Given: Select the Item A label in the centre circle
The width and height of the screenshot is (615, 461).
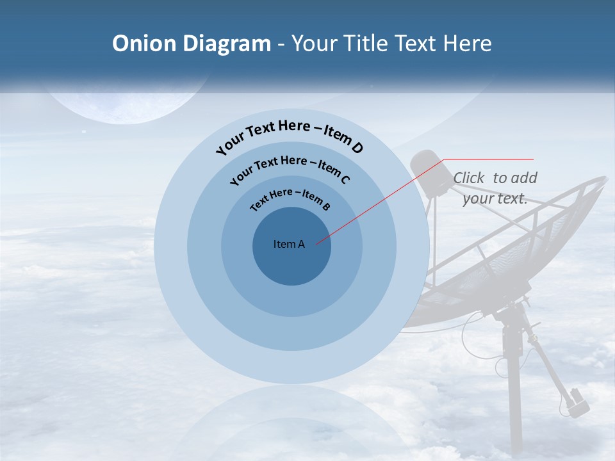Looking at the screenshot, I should click(x=289, y=244).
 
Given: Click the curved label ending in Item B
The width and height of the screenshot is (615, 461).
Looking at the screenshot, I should click(x=290, y=198).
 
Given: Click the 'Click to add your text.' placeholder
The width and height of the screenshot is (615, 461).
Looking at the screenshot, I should click(x=495, y=188).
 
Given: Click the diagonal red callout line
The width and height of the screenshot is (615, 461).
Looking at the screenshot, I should click(x=378, y=202).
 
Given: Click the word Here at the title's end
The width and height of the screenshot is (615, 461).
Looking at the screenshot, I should click(x=470, y=44).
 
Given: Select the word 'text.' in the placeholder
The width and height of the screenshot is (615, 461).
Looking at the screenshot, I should click(x=512, y=198).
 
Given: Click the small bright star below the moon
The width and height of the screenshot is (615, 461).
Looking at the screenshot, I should click(x=84, y=132).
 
